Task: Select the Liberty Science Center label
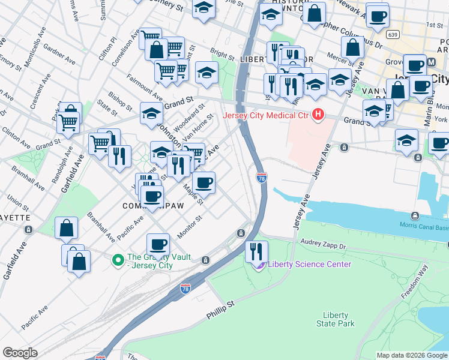pyautogui.click(x=309, y=264)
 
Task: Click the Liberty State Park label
pyautogui.click(x=336, y=319)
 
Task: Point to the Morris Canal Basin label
pyautogui.click(x=424, y=225)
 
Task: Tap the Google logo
pyautogui.click(x=20, y=353)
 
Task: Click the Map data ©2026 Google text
pyautogui.click(x=412, y=355)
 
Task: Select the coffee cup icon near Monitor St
pyautogui.click(x=158, y=243)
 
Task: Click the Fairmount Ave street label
pyautogui.click(x=144, y=88)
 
